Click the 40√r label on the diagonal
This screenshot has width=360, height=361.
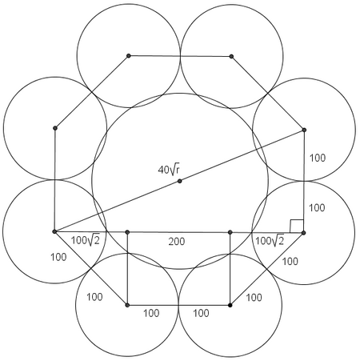[169, 170]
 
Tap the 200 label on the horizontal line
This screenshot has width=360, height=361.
[177, 242]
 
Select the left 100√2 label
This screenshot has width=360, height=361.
[86, 240]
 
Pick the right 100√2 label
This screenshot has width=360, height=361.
[270, 241]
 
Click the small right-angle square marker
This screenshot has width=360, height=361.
[297, 226]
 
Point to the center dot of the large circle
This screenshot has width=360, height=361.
[179, 181]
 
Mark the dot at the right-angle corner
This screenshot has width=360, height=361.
[303, 233]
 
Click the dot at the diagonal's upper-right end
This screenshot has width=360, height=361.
[304, 130]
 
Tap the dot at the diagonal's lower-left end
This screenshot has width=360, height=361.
[54, 231]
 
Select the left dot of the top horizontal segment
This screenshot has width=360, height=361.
[129, 56]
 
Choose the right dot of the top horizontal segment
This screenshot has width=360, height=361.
[231, 56]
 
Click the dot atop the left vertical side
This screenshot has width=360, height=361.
[55, 128]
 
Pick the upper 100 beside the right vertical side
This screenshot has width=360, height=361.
[318, 158]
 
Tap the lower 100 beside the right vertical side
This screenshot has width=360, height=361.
[317, 207]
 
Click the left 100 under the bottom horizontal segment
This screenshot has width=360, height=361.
[151, 313]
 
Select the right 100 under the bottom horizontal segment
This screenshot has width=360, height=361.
[201, 313]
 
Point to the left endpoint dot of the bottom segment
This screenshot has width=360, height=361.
[127, 305]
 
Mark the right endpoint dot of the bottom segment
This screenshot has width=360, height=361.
[230, 305]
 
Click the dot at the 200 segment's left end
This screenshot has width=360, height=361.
[127, 232]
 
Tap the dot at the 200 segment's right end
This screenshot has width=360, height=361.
[230, 232]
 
